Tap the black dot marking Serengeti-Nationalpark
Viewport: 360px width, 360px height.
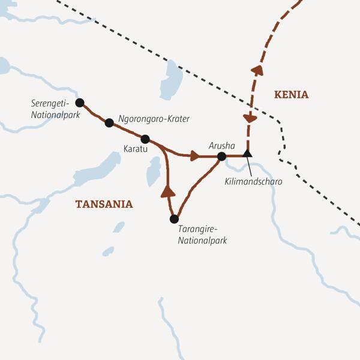[x=80, y=102]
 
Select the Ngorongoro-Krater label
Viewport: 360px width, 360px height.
[x=154, y=119]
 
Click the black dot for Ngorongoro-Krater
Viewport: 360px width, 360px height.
[x=109, y=122]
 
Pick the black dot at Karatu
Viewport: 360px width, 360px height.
[x=145, y=139]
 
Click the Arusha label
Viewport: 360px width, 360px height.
[x=220, y=145]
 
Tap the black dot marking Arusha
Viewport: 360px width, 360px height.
[x=221, y=157]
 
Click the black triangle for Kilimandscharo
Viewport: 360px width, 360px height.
[x=247, y=154]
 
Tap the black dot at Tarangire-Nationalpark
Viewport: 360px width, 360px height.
[x=175, y=219]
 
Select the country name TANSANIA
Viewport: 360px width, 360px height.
[x=104, y=204]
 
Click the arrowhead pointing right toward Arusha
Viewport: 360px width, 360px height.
[x=194, y=157]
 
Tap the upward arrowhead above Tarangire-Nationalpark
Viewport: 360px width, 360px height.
[x=168, y=192]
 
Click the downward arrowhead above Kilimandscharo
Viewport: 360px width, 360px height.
[x=250, y=118]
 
